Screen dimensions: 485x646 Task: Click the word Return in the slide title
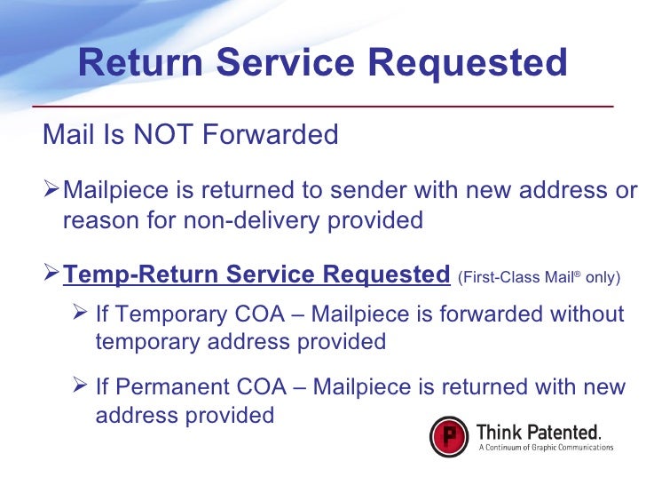coord(140,63)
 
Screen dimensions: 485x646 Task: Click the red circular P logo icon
coord(449,437)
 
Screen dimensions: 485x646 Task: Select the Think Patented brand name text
coord(539,432)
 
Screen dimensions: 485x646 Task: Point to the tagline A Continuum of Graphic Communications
coord(545,448)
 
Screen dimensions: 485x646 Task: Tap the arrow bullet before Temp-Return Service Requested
coord(52,274)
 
